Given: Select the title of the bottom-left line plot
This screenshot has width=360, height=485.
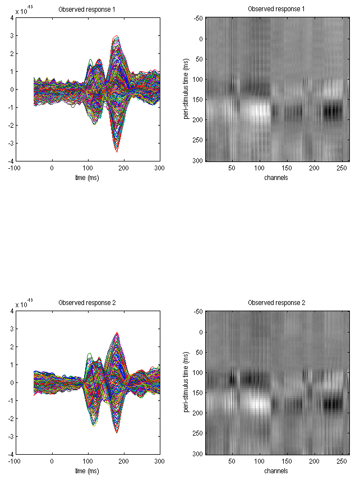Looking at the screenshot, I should click(87, 303).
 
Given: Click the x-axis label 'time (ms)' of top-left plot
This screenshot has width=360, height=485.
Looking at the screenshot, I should click(88, 177).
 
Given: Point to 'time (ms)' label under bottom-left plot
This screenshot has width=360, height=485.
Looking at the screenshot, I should click(88, 470).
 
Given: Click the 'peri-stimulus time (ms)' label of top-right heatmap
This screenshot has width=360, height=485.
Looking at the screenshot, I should click(185, 89).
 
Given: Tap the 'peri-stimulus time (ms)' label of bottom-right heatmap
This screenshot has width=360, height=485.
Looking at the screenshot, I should click(185, 382).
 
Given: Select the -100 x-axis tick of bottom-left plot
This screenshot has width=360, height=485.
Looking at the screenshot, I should click(16, 460).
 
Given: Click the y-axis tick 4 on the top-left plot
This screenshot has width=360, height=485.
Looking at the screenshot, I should click(12, 17).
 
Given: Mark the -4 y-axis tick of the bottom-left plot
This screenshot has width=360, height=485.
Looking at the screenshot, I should click(11, 454).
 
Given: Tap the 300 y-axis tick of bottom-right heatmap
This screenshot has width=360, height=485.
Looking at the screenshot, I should click(198, 452).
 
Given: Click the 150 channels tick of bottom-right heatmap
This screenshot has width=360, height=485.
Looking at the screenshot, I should click(287, 460).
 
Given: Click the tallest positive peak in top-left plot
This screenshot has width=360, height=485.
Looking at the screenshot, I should click(116, 37).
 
